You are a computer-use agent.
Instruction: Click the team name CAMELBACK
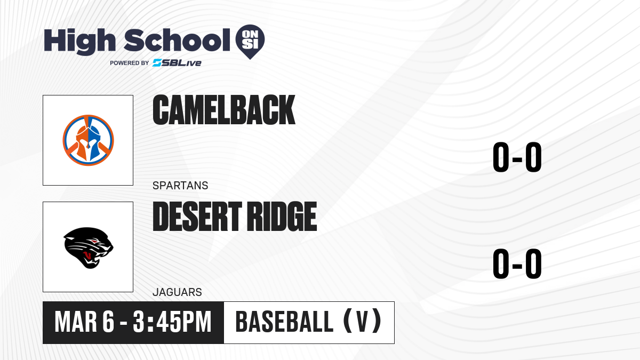point(223,110)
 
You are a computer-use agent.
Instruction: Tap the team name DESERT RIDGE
point(235,217)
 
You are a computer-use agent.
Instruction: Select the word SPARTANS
point(180,186)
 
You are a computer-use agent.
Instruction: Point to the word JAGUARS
point(177,292)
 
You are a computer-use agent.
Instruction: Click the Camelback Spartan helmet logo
point(89,140)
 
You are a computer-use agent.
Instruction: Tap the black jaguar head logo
point(89,247)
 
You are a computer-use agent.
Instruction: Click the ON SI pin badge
point(250,42)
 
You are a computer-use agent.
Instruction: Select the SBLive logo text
point(177,63)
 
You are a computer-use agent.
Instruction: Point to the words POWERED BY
point(130,63)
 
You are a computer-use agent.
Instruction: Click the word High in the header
point(80,41)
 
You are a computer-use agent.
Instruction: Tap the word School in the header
point(177,40)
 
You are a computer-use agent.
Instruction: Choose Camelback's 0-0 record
point(517,157)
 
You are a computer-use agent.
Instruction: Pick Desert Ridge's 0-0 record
point(517,263)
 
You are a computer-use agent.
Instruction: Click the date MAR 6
point(85,322)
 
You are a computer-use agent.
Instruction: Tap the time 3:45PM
point(172,322)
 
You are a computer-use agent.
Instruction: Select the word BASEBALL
point(285,322)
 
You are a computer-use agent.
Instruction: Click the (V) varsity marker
point(362,321)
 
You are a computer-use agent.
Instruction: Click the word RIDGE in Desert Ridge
point(282,217)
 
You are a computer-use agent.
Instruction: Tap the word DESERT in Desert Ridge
point(197,217)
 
